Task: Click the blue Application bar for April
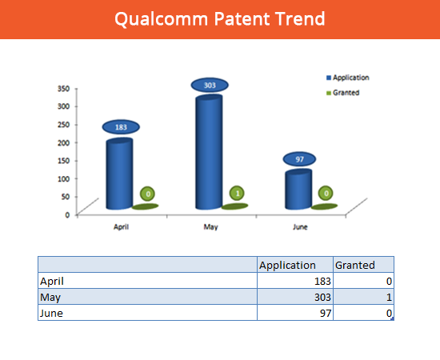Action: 119,174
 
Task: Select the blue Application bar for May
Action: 209,152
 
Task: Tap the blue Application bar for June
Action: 298,190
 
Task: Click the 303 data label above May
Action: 210,85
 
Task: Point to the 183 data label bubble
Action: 121,127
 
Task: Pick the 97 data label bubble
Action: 299,159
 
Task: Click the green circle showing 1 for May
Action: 237,194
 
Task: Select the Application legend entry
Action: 348,78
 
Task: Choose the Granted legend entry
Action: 343,93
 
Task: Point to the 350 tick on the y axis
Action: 63,88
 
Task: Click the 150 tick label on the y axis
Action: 63,161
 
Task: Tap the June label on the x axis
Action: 300,227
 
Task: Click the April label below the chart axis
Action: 121,226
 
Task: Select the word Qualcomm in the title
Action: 162,19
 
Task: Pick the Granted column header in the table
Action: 355,265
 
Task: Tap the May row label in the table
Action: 50,298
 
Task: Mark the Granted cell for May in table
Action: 364,297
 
